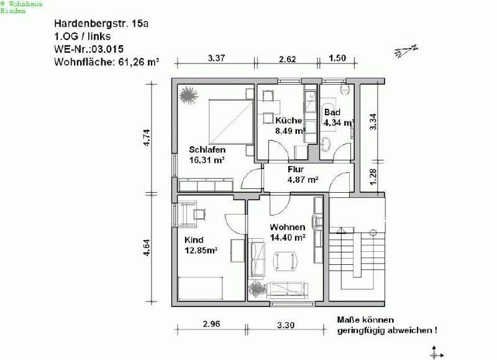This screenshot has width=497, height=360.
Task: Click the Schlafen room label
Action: pos(207,150)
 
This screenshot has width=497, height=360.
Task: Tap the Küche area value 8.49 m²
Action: pos(291,131)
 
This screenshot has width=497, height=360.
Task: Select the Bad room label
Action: pos(332,112)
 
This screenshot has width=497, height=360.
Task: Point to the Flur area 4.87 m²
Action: pos(303,180)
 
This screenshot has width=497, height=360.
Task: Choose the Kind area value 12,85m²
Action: pos(200,251)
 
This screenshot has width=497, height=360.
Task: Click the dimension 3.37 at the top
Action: pos(216,58)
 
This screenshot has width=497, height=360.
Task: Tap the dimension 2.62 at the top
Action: pos(288,58)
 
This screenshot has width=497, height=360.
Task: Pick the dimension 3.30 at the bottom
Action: pos(285,325)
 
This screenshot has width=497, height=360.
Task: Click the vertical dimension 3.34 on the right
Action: pos(373,121)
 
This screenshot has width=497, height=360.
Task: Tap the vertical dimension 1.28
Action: pos(373,176)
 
